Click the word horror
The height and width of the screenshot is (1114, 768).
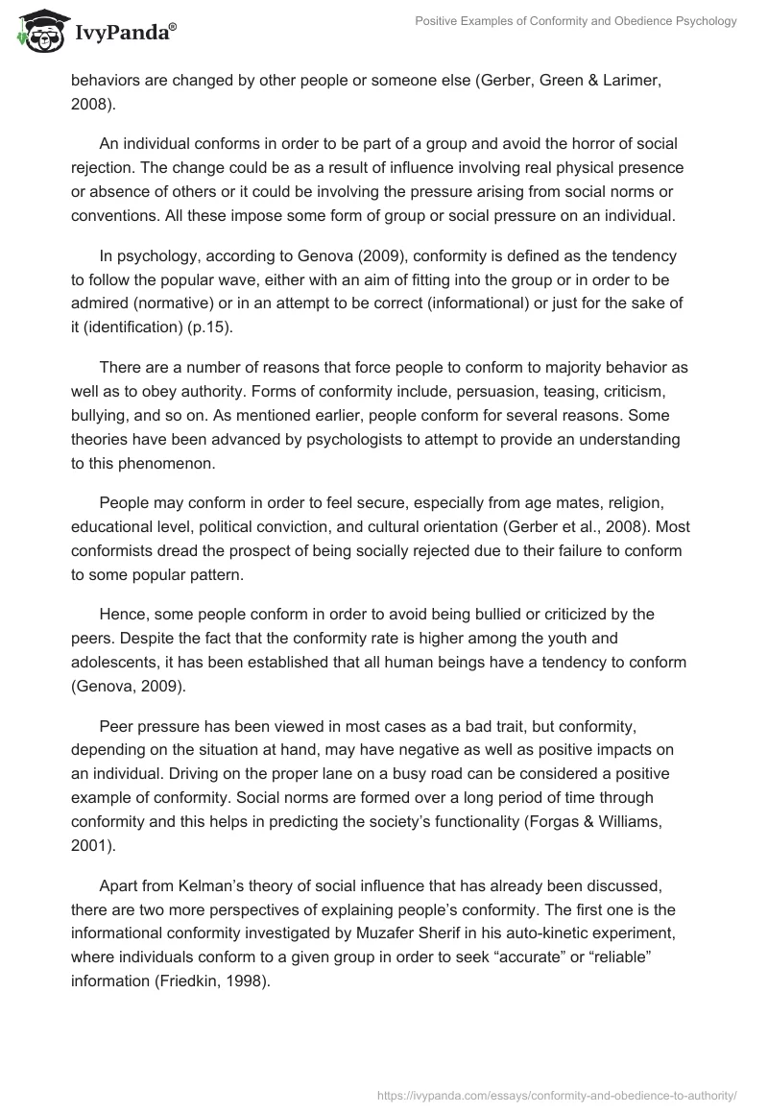pos(568,144)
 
